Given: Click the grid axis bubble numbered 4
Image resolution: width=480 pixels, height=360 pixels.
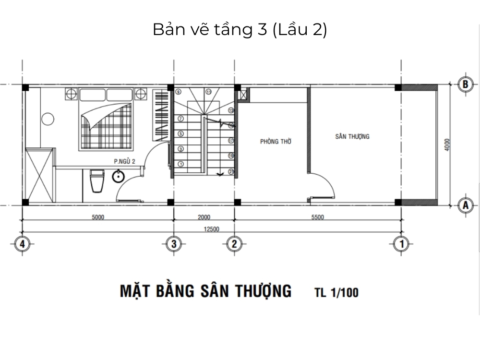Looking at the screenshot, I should click(x=22, y=243).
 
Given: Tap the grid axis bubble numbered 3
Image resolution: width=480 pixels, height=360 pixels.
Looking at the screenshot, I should click(x=174, y=243).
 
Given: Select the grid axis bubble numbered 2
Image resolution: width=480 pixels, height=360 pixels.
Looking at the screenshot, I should click(x=234, y=243).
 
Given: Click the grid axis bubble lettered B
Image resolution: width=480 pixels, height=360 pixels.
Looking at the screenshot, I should click(x=464, y=84).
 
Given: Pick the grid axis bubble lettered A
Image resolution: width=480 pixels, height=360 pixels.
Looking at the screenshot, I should click(x=464, y=205).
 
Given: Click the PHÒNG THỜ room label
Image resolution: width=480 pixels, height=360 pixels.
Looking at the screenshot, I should click(x=276, y=142).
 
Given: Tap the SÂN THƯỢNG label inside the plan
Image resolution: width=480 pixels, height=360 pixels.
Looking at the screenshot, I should click(x=352, y=136).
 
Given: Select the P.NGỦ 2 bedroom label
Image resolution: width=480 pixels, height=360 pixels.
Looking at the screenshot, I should click(x=123, y=162).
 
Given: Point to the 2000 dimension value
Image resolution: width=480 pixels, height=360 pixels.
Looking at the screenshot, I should click(x=204, y=217).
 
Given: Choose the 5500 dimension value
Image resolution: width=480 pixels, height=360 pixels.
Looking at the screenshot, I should click(x=317, y=217).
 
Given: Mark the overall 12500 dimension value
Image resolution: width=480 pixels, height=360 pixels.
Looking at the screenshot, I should click(x=211, y=229).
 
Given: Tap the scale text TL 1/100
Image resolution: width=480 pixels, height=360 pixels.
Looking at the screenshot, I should click(x=336, y=292).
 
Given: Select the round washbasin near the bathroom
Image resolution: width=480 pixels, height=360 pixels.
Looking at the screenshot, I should click(x=119, y=177).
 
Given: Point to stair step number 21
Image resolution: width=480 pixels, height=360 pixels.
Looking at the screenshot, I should click(x=231, y=171).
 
